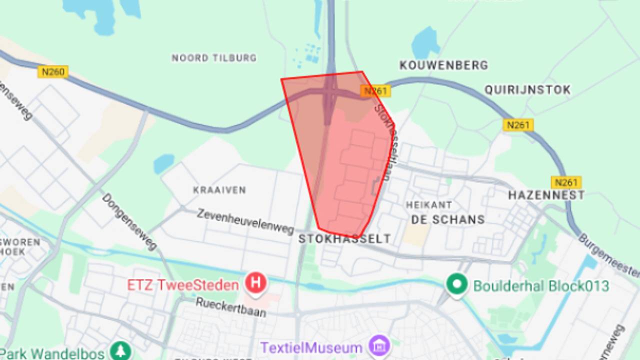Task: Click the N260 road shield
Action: tap(53, 72)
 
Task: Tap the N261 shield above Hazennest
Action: tap(566, 182)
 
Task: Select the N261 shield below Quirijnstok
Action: tap(518, 124)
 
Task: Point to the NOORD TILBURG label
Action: tap(214, 58)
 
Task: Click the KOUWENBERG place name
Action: tap(443, 65)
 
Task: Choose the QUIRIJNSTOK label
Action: tap(527, 90)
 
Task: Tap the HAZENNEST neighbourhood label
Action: tap(546, 195)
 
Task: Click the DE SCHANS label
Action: tap(448, 219)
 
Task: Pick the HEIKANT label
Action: tap(429, 205)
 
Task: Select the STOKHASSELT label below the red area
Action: tap(344, 239)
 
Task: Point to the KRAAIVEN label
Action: tap(219, 190)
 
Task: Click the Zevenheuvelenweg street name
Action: tap(245, 221)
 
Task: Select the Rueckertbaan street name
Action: tap(230, 307)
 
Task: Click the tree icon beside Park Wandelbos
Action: tap(120, 351)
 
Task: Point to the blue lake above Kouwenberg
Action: tap(425, 42)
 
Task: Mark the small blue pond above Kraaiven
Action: tap(164, 163)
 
